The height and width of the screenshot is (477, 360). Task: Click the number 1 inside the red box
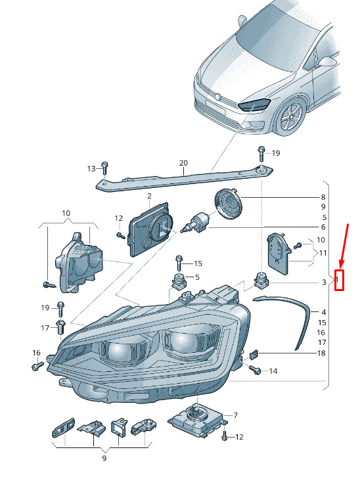[x=338, y=280]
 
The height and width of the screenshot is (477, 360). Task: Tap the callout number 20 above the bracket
[x=183, y=163]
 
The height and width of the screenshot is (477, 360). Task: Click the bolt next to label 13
[x=104, y=168]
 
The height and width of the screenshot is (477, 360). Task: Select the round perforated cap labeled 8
[x=227, y=204]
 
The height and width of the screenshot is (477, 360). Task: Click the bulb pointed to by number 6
[x=196, y=223]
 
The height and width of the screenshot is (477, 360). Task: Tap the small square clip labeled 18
[x=254, y=354]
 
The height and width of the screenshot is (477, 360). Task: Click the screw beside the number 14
[x=255, y=369]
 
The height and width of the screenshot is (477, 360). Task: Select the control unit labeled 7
[x=198, y=419]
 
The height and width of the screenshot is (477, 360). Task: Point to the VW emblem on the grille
[x=217, y=97]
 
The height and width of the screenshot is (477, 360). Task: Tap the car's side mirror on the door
[x=327, y=62]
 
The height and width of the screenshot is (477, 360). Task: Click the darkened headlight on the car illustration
[x=254, y=104]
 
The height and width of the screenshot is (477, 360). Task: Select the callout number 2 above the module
[x=149, y=196]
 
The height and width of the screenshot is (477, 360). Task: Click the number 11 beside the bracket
[x=323, y=253]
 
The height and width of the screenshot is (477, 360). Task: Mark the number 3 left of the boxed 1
[x=324, y=282]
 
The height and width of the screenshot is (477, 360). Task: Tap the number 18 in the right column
[x=321, y=353]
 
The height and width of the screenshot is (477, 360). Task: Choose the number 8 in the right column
[x=323, y=197]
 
